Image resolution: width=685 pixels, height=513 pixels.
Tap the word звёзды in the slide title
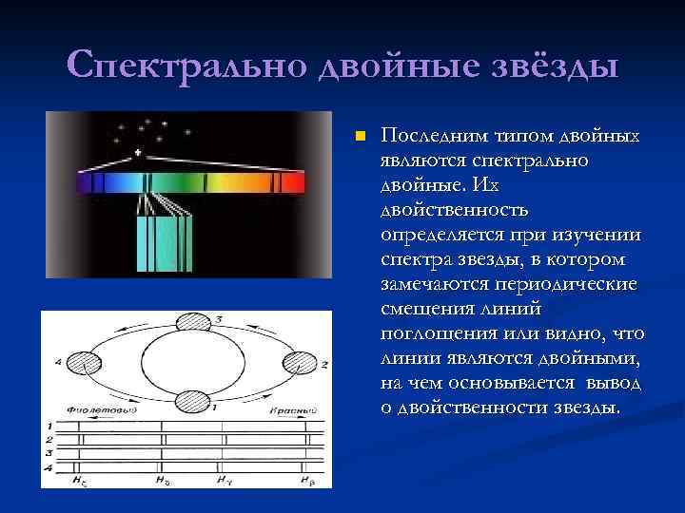click(x=551, y=66)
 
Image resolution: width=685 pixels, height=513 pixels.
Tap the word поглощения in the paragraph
click(x=430, y=333)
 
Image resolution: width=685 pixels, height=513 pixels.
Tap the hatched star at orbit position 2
click(x=303, y=362)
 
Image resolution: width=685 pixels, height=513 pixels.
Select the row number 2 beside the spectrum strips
click(x=48, y=440)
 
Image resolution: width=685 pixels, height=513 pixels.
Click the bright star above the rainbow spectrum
click(x=140, y=153)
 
